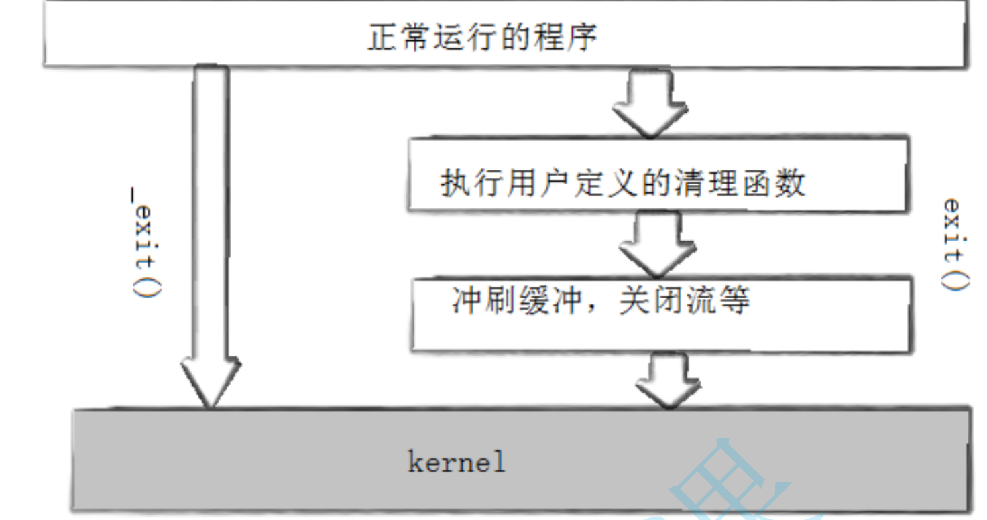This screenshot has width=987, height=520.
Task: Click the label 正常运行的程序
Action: [481, 38]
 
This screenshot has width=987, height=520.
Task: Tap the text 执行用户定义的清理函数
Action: [622, 183]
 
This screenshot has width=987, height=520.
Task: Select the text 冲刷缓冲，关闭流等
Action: [601, 302]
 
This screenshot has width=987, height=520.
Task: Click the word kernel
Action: [456, 462]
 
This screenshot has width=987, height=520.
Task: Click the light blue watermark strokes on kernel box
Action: [731, 482]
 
